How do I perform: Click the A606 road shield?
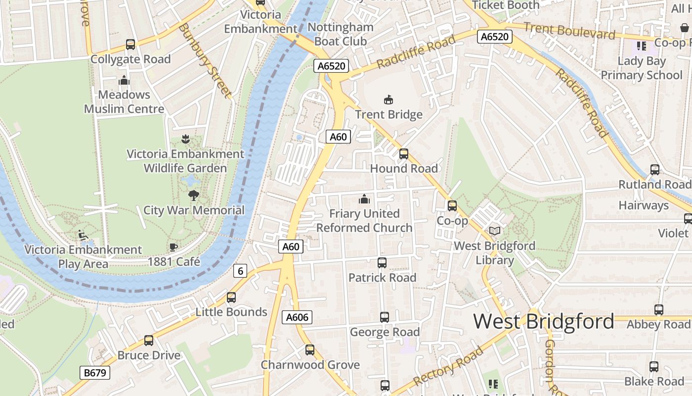point(297,317)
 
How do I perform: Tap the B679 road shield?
point(95,372)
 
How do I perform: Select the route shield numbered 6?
point(240,271)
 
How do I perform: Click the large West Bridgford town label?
point(544,322)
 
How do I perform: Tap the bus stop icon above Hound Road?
point(404,154)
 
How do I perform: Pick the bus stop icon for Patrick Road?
point(382,263)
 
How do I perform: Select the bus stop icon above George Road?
point(385,317)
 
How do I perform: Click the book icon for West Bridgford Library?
point(494,231)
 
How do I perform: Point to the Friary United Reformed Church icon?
point(364,199)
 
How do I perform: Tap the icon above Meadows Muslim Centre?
point(124,80)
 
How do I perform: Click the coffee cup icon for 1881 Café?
point(173,247)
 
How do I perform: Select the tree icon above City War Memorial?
point(194,195)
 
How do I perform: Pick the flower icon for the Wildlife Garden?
point(185,139)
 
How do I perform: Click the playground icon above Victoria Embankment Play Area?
point(83,235)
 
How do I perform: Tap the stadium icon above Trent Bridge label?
point(389,100)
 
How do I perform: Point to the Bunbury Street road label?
point(205,61)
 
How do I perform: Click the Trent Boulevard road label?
point(569,31)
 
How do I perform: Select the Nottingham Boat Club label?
point(341,34)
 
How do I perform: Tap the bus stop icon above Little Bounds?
point(231,297)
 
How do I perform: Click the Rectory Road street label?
point(448,367)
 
